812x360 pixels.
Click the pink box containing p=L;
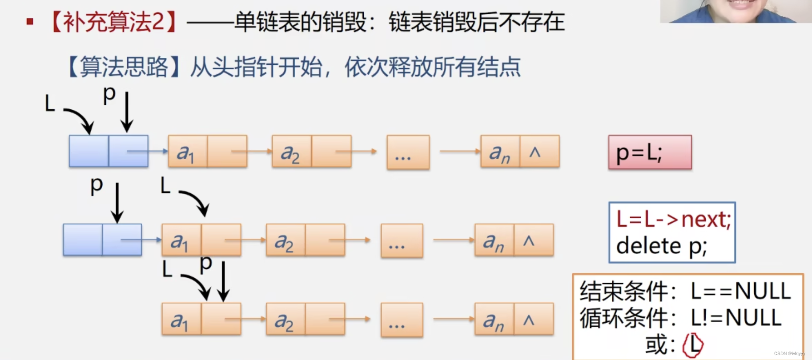650,152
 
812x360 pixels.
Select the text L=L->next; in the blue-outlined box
673,220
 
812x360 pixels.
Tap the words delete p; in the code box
661,246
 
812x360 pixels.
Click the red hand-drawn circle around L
693,345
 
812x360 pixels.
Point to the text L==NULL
740,292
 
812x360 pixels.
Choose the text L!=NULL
736,318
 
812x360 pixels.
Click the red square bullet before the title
30,21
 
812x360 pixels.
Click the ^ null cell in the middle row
533,240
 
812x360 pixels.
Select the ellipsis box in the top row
408,152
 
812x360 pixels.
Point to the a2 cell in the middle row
285,240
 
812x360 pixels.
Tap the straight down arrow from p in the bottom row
223,281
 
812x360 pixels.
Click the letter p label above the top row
109,94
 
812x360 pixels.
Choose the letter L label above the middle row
165,185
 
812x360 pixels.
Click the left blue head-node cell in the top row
88,152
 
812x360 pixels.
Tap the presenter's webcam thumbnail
736,11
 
